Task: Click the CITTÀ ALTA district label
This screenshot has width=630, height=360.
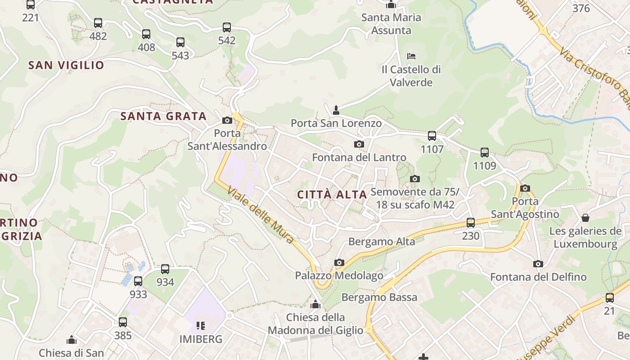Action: [333, 194]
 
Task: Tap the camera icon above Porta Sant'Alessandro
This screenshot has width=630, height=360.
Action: [227, 120]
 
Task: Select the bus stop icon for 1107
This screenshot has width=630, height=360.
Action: [432, 135]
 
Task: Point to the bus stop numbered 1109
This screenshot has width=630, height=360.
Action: [485, 152]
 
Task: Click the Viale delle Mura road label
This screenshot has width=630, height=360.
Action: [261, 215]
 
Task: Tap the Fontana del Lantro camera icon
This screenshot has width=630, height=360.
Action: [359, 144]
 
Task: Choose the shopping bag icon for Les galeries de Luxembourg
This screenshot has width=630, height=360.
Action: [585, 218]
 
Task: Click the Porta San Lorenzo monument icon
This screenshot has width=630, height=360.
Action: [336, 110]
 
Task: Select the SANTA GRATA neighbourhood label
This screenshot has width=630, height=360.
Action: [163, 116]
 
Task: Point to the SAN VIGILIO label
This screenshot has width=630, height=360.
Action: [66, 65]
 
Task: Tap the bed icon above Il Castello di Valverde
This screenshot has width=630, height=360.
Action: [411, 56]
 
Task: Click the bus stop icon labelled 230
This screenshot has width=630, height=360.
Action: [471, 222]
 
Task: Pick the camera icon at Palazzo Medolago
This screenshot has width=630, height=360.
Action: [339, 262]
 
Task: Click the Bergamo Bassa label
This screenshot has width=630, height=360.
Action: [379, 297]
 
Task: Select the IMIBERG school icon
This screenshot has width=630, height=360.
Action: [201, 325]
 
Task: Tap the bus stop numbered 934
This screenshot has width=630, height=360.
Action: [165, 269]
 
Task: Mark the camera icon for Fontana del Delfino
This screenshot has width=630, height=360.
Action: [538, 264]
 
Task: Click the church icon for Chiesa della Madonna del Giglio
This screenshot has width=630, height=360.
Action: [315, 304]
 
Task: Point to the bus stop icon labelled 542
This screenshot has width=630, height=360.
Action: [227, 27]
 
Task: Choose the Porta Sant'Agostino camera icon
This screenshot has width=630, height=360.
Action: [525, 188]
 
